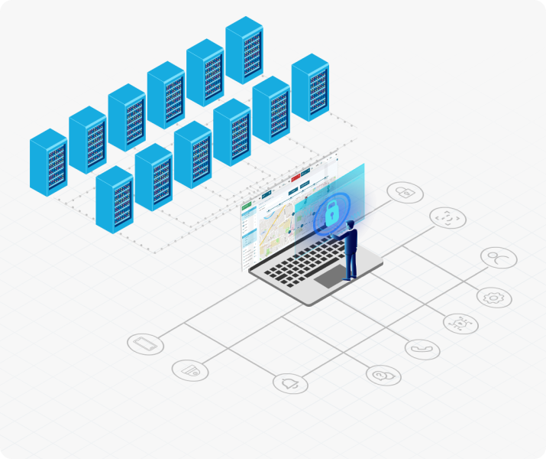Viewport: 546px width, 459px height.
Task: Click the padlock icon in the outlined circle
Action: pos(405,192)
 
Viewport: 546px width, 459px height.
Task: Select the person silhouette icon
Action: pos(498,258)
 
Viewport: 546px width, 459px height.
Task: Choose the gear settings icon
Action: pos(494,297)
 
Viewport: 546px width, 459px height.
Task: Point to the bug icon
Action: pos(460,323)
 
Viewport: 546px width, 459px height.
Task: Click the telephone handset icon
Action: pos(422,349)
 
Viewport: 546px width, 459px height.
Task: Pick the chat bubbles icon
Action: pos(383,374)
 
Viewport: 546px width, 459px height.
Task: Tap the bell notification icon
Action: pos(290,382)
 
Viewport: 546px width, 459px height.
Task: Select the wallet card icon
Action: pos(190,370)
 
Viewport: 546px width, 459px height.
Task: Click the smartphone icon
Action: pos(146,344)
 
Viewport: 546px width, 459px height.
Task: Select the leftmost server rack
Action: pos(48,162)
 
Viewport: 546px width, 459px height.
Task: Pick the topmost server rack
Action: pos(244,50)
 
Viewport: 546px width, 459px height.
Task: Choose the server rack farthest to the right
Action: pos(310,86)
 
